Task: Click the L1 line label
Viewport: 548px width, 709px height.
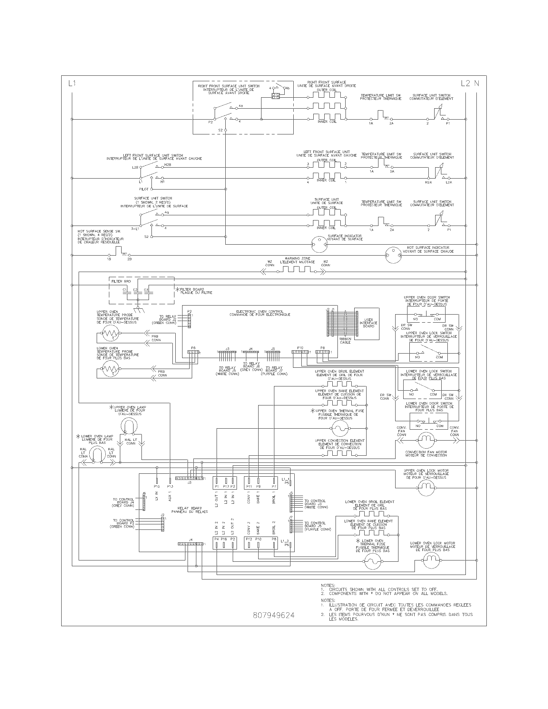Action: (x=72, y=83)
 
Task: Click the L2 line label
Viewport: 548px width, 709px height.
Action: (x=466, y=83)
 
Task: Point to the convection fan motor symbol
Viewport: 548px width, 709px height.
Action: (x=426, y=441)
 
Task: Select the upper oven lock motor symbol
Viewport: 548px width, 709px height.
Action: (x=426, y=487)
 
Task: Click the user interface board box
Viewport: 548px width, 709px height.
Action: (x=367, y=324)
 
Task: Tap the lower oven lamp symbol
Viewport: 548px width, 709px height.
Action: (x=97, y=454)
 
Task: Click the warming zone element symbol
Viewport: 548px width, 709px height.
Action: (x=296, y=270)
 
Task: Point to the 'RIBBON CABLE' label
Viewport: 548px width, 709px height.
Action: (x=345, y=341)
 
